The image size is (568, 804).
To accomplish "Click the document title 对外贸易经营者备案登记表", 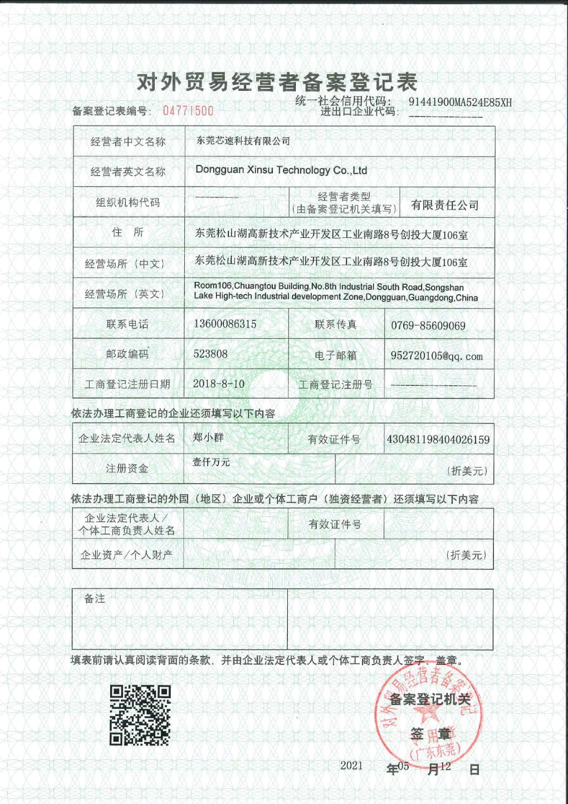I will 277,82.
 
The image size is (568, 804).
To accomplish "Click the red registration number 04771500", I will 188,110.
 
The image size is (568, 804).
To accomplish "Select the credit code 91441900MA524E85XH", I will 460,102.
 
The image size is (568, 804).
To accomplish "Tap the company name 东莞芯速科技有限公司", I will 243,141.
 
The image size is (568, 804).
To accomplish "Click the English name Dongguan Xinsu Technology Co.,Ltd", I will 281,170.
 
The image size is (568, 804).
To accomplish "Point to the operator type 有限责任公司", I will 444,205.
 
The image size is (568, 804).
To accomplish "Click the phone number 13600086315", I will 225,324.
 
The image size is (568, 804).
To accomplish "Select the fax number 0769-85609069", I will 428,325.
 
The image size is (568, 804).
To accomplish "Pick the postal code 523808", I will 210,354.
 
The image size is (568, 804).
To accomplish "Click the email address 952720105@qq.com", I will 436,356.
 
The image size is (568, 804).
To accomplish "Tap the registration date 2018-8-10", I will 218,384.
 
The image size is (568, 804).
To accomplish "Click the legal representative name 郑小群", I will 208,437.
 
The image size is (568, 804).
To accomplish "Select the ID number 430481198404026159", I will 438,440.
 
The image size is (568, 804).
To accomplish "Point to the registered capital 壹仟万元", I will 211,462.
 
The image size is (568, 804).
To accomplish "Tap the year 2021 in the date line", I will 351,766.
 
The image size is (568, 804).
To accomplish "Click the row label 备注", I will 95,598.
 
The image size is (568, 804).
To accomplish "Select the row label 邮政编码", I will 128,354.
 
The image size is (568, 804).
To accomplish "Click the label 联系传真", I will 335,324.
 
